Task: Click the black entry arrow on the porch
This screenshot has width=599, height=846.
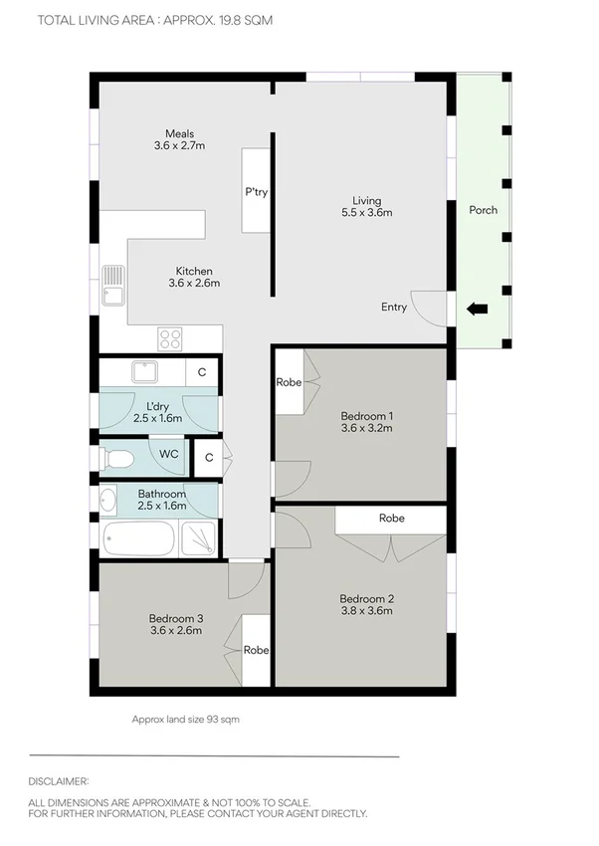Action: coord(478,310)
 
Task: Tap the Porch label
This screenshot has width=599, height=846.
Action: coord(484,210)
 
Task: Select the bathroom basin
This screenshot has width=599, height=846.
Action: coord(108,500)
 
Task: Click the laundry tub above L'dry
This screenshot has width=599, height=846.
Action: coord(146,372)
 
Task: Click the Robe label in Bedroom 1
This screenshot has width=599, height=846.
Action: coord(289,382)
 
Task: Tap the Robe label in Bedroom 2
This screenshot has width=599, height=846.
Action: coord(391,519)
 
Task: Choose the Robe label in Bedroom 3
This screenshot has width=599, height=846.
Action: coord(256,651)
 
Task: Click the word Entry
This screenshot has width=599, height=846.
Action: coord(394,308)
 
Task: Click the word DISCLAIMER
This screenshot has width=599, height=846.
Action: coord(59,782)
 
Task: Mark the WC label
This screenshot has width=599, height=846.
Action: coord(169,454)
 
